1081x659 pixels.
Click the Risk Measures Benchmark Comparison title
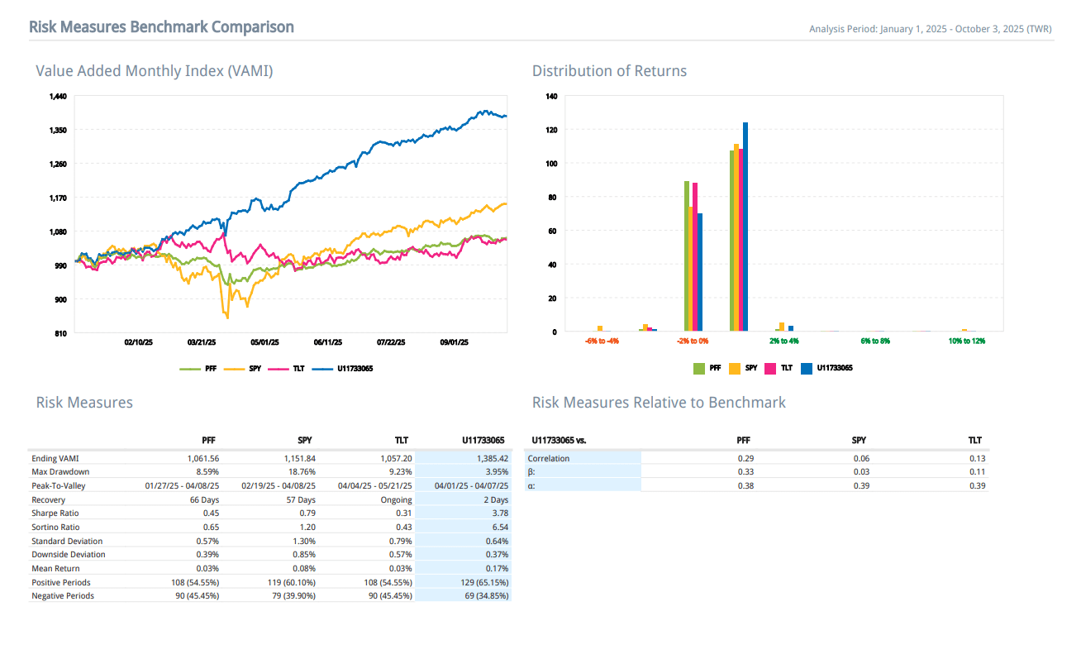pyautogui.click(x=161, y=27)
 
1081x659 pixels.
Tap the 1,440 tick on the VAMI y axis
pyautogui.click(x=58, y=97)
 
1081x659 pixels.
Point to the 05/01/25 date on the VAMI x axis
pyautogui.click(x=264, y=341)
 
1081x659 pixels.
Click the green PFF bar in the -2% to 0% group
pyautogui.click(x=687, y=256)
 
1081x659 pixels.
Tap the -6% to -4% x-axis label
pyautogui.click(x=602, y=341)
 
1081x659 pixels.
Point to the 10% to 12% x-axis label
pyautogui.click(x=968, y=341)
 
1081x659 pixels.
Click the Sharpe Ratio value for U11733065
pyautogui.click(x=499, y=513)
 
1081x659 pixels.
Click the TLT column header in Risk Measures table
pyautogui.click(x=402, y=441)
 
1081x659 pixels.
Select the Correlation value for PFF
pyautogui.click(x=744, y=458)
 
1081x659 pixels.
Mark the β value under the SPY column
pyautogui.click(x=859, y=471)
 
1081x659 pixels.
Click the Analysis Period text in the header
pyautogui.click(x=930, y=30)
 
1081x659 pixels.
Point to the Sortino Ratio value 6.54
pyautogui.click(x=499, y=527)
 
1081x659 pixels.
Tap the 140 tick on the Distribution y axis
pyautogui.click(x=551, y=97)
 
